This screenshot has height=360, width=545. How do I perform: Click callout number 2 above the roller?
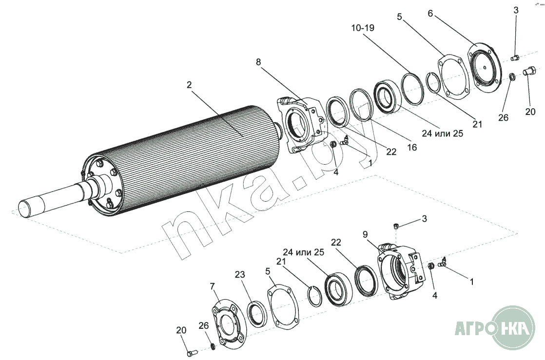coord(189,85)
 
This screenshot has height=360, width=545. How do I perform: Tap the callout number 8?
coord(258,62)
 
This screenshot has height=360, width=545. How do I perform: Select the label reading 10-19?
coord(363,28)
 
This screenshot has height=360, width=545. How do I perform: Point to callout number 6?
coord(430,13)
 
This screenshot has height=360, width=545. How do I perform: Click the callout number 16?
coord(412,147)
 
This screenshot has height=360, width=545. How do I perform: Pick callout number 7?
coord(213,286)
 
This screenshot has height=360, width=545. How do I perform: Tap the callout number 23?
coord(240,275)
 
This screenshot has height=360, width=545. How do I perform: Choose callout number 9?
coord(365,234)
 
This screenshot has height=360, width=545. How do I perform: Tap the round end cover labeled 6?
coord(485,67)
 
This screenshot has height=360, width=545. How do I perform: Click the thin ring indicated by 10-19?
coord(412,89)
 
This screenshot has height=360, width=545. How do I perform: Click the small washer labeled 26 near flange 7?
coord(213,347)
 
